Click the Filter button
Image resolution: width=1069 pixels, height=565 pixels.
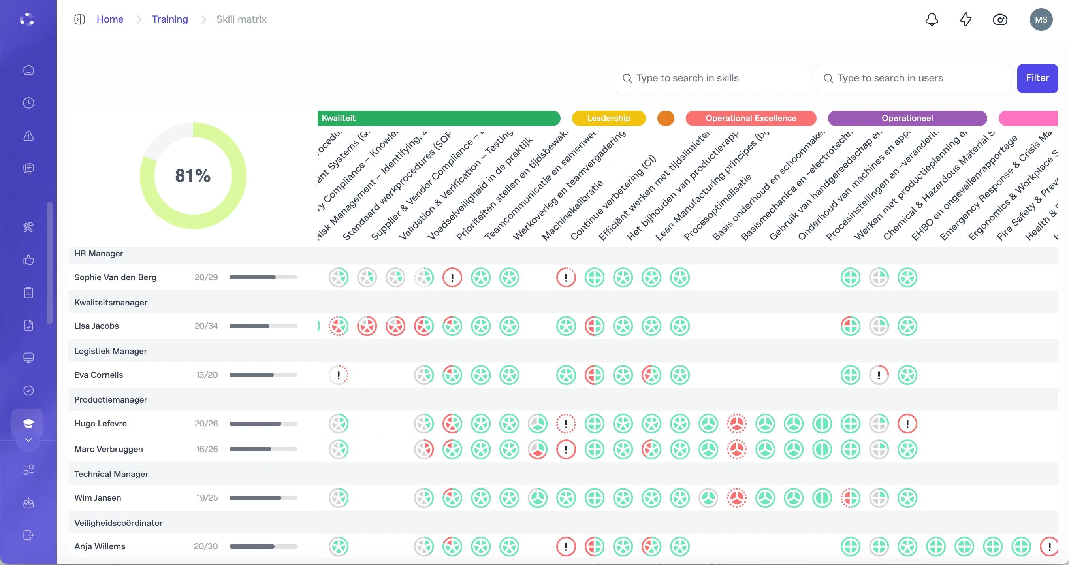[x=1037, y=78]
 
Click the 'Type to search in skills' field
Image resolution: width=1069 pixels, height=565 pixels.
[x=712, y=78]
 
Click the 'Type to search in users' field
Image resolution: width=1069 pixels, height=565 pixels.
[x=913, y=78]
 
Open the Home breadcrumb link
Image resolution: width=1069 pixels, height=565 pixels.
[x=109, y=19]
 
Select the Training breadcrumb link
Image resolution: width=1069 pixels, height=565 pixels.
[x=169, y=19]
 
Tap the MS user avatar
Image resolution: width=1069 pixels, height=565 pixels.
[x=1041, y=19]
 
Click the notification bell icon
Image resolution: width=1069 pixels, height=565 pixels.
[x=932, y=19]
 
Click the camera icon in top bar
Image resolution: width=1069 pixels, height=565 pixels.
[x=1000, y=19]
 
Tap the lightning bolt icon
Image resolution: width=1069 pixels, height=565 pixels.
[x=965, y=19]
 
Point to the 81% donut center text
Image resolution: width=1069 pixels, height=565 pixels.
[x=193, y=175]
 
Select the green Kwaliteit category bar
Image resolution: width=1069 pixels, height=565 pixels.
[x=438, y=118]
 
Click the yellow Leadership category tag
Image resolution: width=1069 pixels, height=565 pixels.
[x=608, y=118]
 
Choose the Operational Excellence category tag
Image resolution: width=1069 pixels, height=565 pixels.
[x=750, y=118]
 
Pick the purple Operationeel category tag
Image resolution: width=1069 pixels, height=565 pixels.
[x=907, y=118]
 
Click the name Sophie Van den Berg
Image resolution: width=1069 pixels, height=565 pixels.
[x=115, y=277]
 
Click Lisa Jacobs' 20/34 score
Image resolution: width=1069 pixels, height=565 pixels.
[x=206, y=326]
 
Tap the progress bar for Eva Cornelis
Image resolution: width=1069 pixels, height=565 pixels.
[x=263, y=375]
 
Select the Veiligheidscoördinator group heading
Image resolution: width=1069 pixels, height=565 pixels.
[x=118, y=523]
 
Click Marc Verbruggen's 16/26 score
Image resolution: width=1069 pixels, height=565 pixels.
[x=207, y=449]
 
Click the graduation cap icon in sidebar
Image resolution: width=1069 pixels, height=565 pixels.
[x=28, y=423]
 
